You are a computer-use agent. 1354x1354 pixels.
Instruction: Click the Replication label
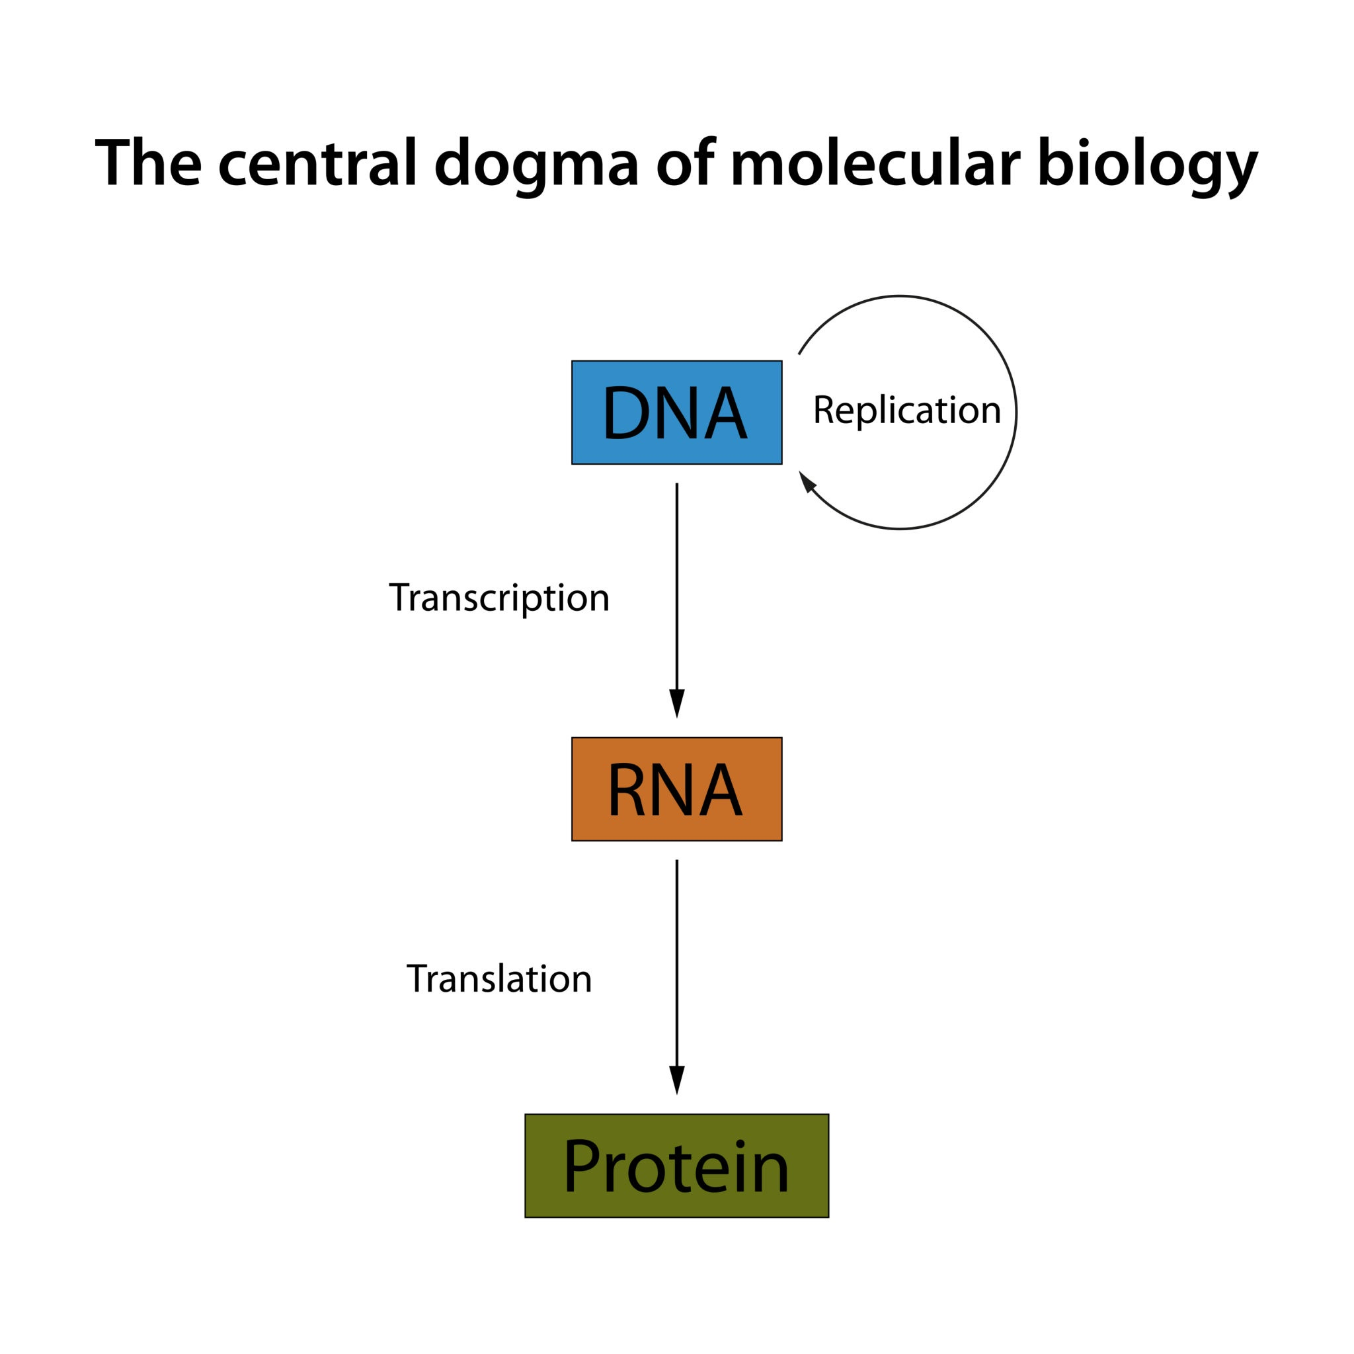906,410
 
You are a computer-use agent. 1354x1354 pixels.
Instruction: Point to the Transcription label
499,598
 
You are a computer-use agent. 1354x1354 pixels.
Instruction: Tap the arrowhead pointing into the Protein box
676,1078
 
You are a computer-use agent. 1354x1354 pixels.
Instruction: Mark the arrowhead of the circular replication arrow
807,481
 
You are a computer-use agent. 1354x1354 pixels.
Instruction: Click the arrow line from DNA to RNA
676,582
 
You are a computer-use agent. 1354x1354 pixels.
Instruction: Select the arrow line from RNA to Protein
676,960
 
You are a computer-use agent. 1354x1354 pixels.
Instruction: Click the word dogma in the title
536,164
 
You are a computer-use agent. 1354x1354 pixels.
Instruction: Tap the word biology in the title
1147,164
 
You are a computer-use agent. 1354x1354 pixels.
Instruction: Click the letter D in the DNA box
627,413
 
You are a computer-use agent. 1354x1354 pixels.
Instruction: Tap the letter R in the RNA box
626,790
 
